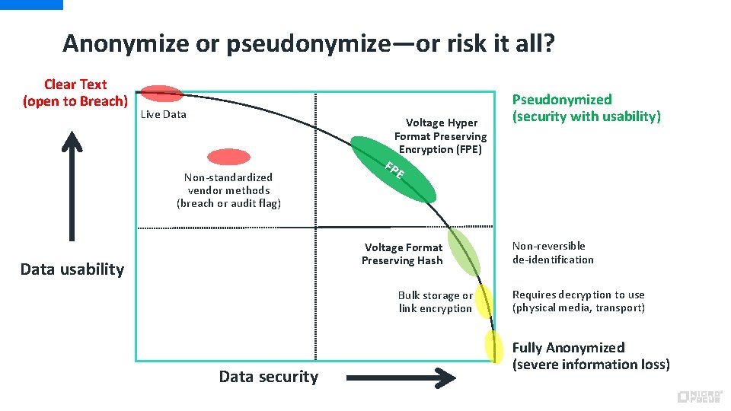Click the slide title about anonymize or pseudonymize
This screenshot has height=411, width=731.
308,43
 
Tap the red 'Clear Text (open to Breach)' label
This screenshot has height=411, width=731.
75,93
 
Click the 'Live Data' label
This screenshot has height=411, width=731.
164,115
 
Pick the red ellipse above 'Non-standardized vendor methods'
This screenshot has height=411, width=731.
229,157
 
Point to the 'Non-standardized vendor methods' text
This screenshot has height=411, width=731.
228,190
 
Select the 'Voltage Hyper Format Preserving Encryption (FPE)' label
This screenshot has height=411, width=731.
440,136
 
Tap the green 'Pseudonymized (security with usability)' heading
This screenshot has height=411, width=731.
586,108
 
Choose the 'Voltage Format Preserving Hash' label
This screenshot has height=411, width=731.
403,254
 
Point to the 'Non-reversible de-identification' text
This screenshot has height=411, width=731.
553,253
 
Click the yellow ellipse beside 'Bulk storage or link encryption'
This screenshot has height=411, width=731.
483,300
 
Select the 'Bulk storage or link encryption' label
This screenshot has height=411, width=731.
436,302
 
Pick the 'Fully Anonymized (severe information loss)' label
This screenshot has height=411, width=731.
591,356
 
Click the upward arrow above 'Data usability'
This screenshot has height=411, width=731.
72,186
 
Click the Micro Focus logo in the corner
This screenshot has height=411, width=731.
698,397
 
